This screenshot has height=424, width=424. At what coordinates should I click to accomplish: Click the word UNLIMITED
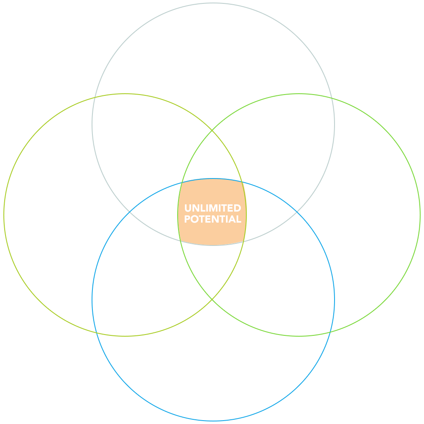(x=212, y=208)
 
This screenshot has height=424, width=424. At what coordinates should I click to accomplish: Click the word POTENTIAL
(x=212, y=219)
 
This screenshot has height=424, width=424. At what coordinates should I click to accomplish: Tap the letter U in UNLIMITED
(x=188, y=208)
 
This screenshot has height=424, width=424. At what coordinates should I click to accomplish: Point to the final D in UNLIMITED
(x=237, y=208)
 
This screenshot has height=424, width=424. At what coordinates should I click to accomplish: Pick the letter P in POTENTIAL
(x=187, y=219)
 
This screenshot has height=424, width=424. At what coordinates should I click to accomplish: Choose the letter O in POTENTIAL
(x=195, y=219)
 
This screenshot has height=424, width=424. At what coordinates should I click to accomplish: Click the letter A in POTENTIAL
(x=232, y=219)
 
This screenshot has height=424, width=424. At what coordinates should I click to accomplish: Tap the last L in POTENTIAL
(x=239, y=219)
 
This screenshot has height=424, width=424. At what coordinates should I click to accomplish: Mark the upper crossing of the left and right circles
(x=212, y=130)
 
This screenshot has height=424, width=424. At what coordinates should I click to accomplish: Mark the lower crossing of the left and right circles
(x=212, y=299)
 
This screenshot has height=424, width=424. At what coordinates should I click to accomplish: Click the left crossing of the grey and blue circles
(x=129, y=212)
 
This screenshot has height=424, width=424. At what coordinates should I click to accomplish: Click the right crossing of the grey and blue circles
(x=297, y=212)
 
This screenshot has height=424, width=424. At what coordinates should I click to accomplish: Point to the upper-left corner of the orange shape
(x=182, y=182)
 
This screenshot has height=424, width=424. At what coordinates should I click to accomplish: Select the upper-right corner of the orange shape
(x=242, y=182)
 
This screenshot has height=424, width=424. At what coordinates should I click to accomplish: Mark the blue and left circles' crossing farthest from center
(x=97, y=332)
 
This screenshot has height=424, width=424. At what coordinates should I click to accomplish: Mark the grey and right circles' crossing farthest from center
(x=332, y=98)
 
